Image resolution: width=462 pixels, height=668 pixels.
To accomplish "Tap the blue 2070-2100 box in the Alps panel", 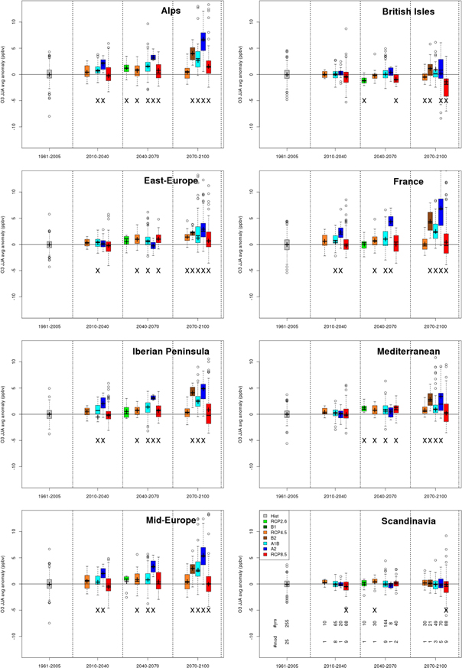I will pyautogui.click(x=203, y=41).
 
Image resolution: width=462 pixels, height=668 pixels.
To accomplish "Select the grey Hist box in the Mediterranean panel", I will pyautogui.click(x=287, y=413).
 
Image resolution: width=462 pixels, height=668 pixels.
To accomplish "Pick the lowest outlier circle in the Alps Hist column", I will pyautogui.click(x=49, y=116).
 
